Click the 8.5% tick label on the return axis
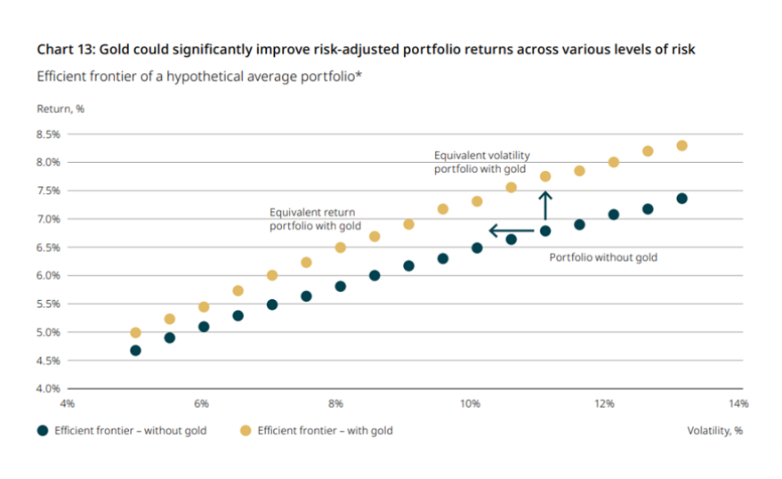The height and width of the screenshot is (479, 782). pyautogui.click(x=48, y=134)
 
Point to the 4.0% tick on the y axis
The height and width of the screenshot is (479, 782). pyautogui.click(x=48, y=388)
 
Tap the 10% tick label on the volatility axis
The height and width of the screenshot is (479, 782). pyautogui.click(x=470, y=403)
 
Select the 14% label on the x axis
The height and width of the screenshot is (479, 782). pyautogui.click(x=738, y=403)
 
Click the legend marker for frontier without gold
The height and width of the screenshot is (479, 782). pyautogui.click(x=43, y=431)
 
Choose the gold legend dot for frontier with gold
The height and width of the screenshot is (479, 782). pyautogui.click(x=246, y=431)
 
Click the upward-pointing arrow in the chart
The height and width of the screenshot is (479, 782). pyautogui.click(x=545, y=205)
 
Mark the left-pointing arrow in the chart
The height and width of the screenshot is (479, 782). pyautogui.click(x=512, y=231)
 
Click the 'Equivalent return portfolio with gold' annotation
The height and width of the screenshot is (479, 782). pyautogui.click(x=315, y=219)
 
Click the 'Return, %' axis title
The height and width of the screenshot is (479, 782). pyautogui.click(x=60, y=110)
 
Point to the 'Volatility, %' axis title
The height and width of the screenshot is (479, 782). pyautogui.click(x=714, y=431)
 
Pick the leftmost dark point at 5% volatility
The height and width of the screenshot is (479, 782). pyautogui.click(x=135, y=350)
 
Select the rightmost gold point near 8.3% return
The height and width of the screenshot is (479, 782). pyautogui.click(x=681, y=145)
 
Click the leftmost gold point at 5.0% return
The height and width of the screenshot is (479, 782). pyautogui.click(x=135, y=333)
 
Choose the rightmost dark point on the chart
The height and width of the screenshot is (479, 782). pyautogui.click(x=681, y=199)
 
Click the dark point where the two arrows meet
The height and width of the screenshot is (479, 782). pyautogui.click(x=545, y=231)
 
